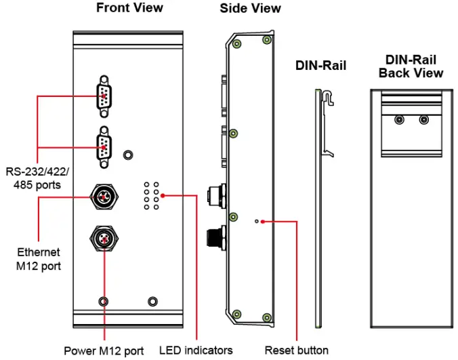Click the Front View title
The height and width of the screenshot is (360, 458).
coord(129,8)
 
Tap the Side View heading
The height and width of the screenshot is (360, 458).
coord(250,8)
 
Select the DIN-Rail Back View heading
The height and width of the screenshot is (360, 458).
coord(411,66)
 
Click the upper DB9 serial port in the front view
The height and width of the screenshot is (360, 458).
coord(104,97)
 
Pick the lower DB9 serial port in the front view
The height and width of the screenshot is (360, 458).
coord(104,147)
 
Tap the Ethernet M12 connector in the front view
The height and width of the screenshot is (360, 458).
coord(104,197)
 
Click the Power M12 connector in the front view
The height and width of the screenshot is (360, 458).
coord(104,239)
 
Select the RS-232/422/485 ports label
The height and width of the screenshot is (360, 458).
coord(37,178)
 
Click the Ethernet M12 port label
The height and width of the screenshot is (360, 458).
coord(39,259)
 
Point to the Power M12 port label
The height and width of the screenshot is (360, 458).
coord(104,351)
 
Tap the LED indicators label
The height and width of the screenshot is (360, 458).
coord(196,351)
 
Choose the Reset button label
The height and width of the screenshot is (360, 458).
coord(297,351)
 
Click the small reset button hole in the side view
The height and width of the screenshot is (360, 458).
coord(257,222)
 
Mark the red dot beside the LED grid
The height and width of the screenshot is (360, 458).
coord(163,195)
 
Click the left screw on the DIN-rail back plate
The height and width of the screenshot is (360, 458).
coord(399,119)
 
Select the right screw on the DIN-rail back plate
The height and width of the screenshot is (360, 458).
coord(424,119)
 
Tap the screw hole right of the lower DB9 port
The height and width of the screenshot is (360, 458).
coord(128,155)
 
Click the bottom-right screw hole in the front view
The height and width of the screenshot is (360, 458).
coord(152,301)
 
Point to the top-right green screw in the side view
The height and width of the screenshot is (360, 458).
coord(267,39)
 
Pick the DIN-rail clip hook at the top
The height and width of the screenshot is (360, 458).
coord(328,97)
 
